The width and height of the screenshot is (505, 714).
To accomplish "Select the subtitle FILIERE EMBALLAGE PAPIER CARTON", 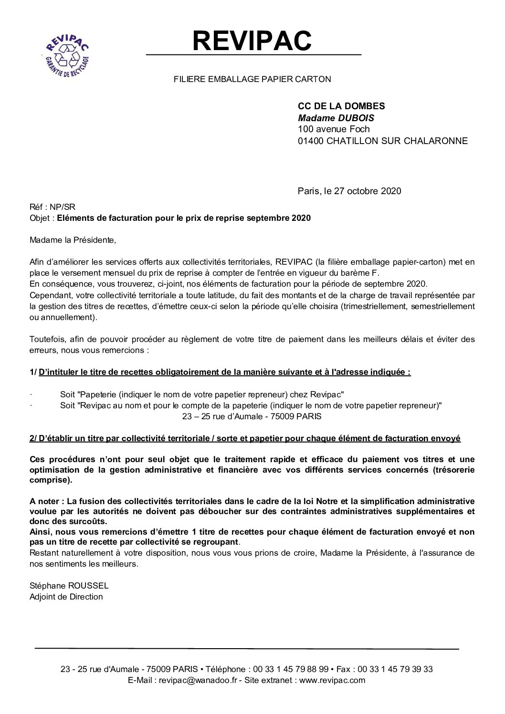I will coord(252,79).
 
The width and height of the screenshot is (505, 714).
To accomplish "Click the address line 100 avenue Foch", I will coord(334,129).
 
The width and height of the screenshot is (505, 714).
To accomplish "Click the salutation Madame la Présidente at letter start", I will coord(73,240).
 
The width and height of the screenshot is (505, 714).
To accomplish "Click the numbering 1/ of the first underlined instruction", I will coord(33,373).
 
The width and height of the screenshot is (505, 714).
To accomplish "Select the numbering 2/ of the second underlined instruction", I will coord(33,438).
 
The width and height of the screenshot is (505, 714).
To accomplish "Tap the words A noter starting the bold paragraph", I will coord(46,501).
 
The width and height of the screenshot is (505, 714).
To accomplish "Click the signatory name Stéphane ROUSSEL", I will coord(69,585).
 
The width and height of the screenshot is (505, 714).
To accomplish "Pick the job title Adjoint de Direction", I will coord(66,597).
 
